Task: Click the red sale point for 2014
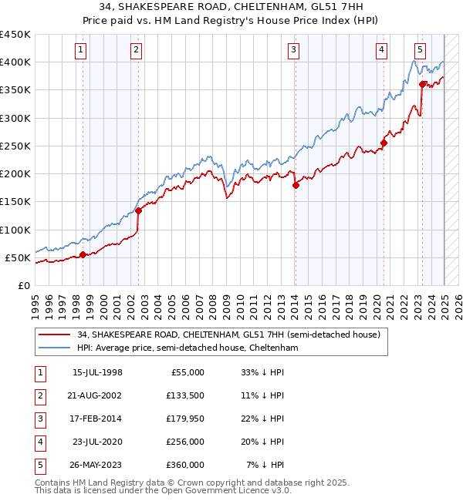pyautogui.click(x=296, y=185)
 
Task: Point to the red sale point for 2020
pyautogui.click(x=384, y=142)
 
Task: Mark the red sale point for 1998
pyautogui.click(x=83, y=254)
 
